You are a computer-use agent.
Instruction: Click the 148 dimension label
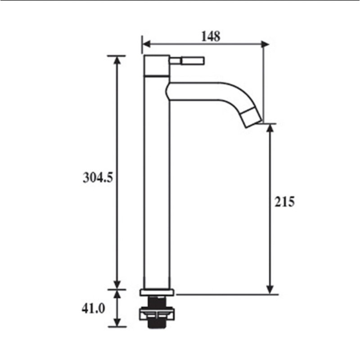(x=211, y=36)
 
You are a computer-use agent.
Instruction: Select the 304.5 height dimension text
(x=98, y=177)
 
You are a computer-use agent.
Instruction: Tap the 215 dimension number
(x=284, y=202)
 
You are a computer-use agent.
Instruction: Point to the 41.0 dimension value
(x=93, y=308)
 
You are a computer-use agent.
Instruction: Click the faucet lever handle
(x=193, y=61)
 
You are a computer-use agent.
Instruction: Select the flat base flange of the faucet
(x=157, y=292)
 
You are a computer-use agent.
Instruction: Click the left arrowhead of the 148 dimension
(x=146, y=44)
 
